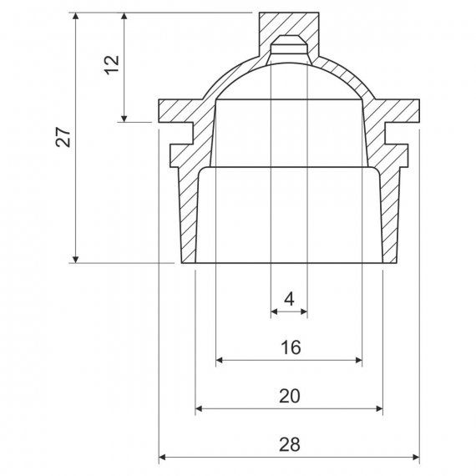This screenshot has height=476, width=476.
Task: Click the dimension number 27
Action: tap(63, 137)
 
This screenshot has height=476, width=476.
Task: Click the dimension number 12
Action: tap(112, 65)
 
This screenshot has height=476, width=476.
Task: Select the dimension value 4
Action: tap(289, 299)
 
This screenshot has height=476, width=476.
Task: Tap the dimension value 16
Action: tap(291, 347)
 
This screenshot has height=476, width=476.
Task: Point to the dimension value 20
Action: tap(290, 396)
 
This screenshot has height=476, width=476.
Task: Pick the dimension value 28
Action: tap(290, 444)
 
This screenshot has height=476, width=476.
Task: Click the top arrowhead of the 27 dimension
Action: tap(76, 16)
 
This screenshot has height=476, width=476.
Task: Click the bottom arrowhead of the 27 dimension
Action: tap(76, 260)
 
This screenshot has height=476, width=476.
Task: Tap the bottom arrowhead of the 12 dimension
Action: tap(124, 119)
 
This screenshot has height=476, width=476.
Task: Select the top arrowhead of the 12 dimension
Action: tap(124, 16)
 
